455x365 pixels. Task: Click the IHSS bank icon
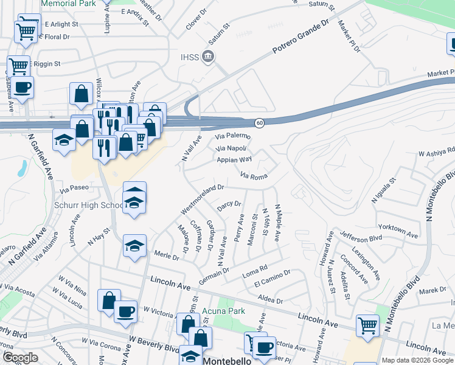[208, 58]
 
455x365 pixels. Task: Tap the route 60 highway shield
[259, 123]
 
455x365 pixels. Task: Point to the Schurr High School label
[96, 205]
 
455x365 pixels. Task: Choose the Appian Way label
[234, 160]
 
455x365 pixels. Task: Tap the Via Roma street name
[254, 176]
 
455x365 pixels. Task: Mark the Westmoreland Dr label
[203, 200]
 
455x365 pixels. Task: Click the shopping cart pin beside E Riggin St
[18, 66]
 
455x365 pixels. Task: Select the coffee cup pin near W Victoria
[125, 311]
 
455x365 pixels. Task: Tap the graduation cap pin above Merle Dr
[134, 246]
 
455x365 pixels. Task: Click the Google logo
[20, 358]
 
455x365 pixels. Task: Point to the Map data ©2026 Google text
[417, 360]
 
